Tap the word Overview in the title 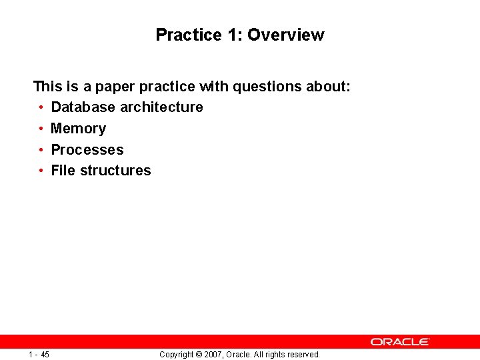tap(285, 35)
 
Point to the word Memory tap(78, 129)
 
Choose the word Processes tap(87, 150)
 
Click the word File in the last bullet tap(63, 171)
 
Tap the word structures tap(115, 171)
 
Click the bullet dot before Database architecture tap(41, 107)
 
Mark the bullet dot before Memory tap(41, 129)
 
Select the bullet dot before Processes tap(41, 150)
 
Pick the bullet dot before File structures tap(41, 171)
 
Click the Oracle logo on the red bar tap(400, 341)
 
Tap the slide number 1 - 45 tap(39, 355)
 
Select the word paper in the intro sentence tap(117, 87)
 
